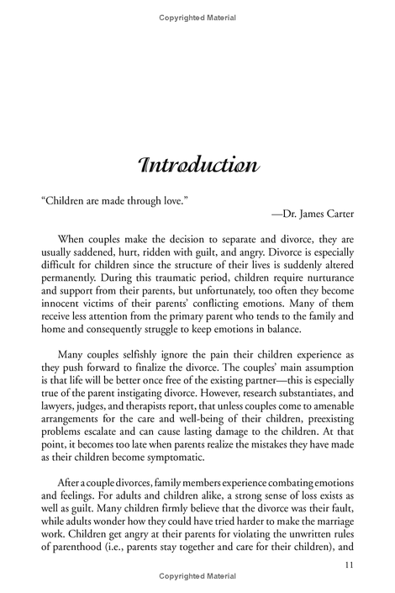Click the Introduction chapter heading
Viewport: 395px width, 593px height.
point(197,165)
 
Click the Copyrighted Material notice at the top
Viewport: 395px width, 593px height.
point(197,18)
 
